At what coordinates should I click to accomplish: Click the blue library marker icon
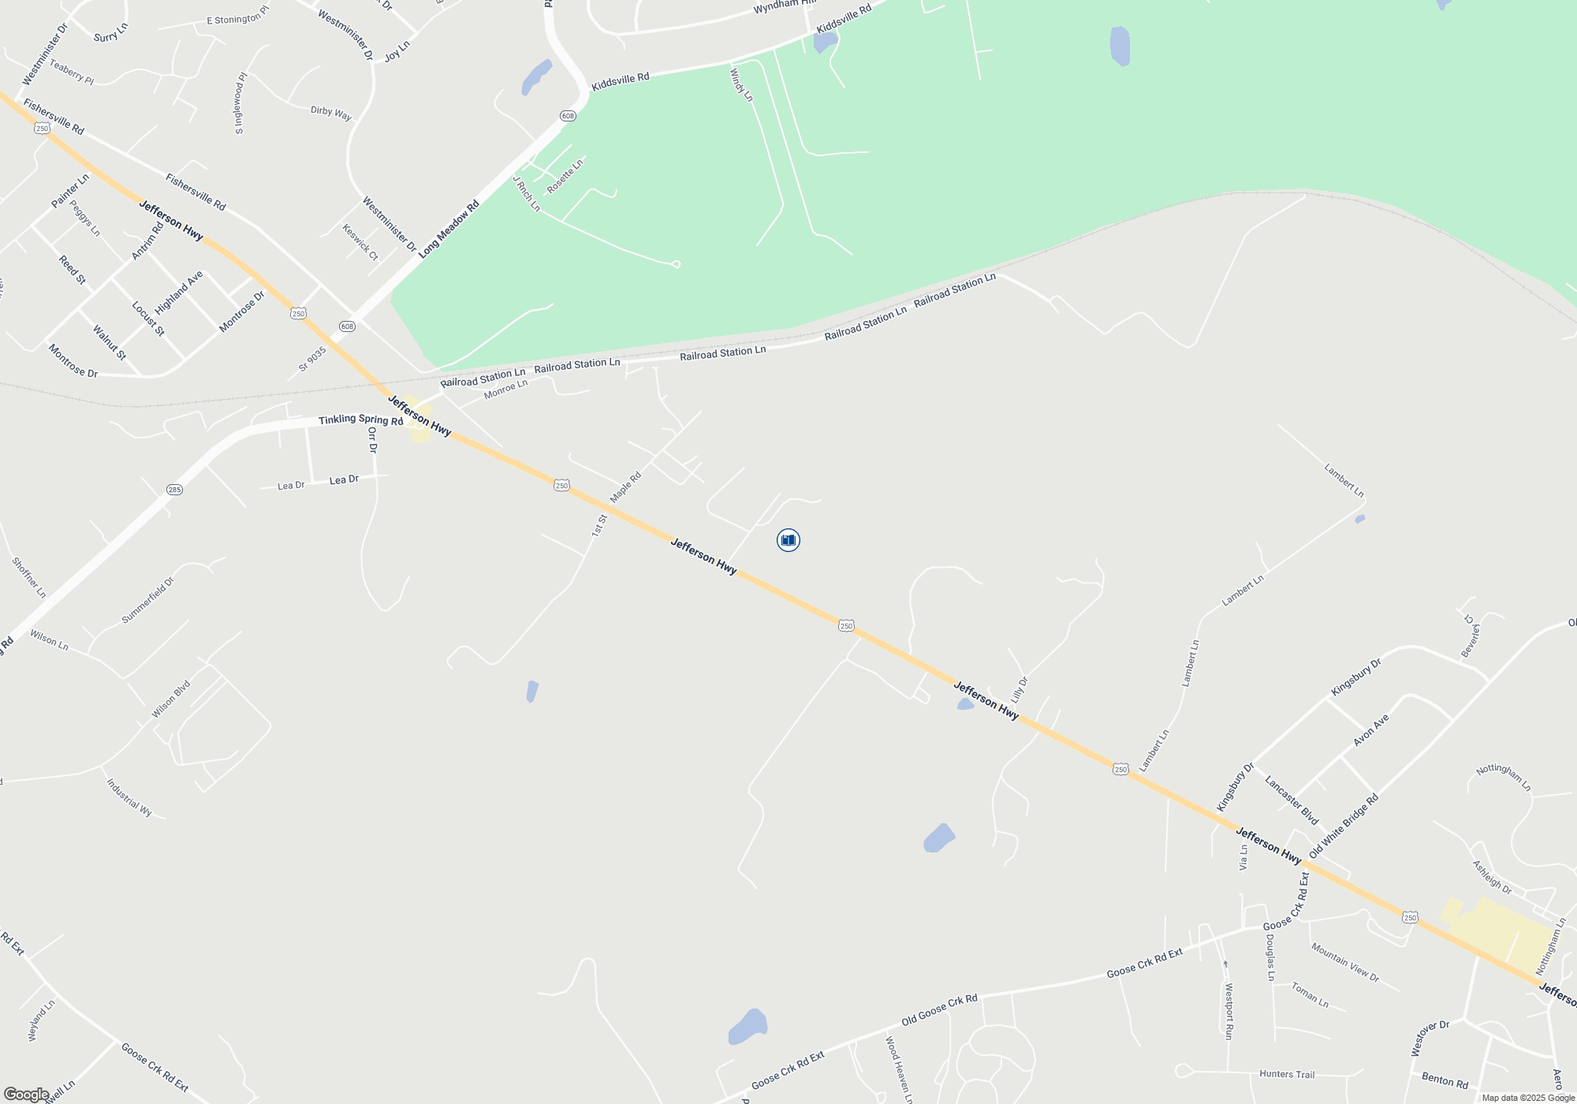tap(788, 540)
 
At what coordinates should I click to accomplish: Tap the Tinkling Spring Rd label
tap(360, 420)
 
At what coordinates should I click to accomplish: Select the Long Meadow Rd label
tap(449, 229)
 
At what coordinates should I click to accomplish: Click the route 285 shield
tap(174, 490)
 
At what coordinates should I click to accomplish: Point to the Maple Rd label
tap(626, 487)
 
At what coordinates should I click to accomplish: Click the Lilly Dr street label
tap(1020, 690)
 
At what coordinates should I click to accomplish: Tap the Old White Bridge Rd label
tap(1344, 826)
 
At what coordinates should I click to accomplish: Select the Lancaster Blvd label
tap(1292, 800)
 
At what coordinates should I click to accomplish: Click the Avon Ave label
tap(1371, 730)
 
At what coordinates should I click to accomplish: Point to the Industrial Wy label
tap(129, 797)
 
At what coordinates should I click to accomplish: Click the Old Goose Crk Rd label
tap(939, 1009)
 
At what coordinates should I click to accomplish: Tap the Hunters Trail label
tap(1287, 1074)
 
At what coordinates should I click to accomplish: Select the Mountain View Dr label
tap(1345, 962)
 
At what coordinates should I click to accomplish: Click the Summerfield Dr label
tap(147, 601)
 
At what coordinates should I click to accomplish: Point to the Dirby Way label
tap(331, 113)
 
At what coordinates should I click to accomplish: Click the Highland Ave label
tap(179, 292)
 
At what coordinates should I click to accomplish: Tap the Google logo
tap(26, 1095)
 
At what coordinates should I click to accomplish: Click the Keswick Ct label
tap(360, 242)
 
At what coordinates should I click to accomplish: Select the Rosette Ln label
tap(565, 176)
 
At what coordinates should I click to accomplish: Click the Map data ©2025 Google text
tap(1528, 1098)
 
